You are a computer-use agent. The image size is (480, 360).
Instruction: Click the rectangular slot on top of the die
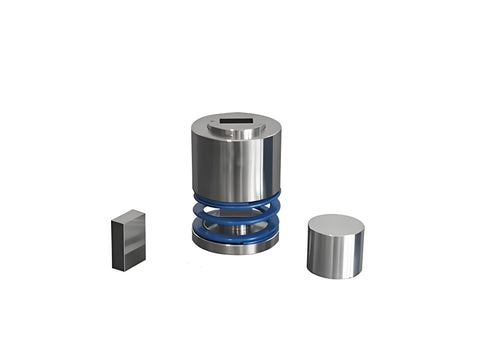(x=236, y=125)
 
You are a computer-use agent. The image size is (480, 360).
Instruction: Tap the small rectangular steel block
(x=128, y=241)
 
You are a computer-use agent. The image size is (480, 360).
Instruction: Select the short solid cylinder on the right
(x=335, y=246)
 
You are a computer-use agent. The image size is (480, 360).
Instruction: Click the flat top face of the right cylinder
(x=335, y=224)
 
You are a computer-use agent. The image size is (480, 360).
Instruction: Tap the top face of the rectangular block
(x=128, y=217)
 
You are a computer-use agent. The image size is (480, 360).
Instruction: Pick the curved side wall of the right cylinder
(x=335, y=255)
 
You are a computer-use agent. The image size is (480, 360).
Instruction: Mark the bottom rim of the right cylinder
(x=335, y=276)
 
